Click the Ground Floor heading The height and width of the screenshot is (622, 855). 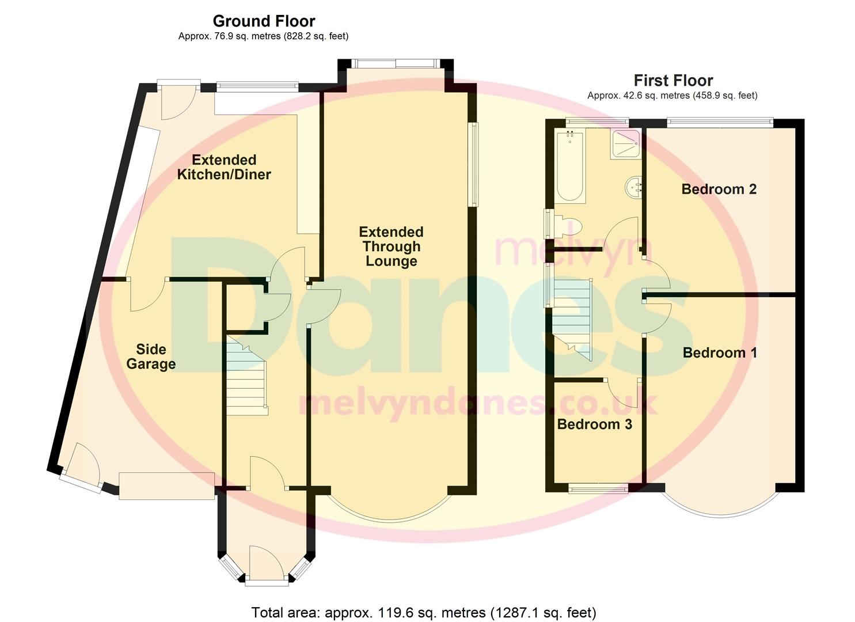pyautogui.click(x=264, y=21)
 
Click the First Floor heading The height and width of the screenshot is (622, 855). pyautogui.click(x=673, y=81)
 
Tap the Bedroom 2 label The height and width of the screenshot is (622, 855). pyautogui.click(x=719, y=189)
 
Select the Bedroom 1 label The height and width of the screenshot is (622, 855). pyautogui.click(x=719, y=352)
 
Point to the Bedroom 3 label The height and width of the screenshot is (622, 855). pyautogui.click(x=594, y=424)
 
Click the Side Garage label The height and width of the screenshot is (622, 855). pyautogui.click(x=151, y=356)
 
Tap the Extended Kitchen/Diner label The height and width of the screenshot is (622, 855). pyautogui.click(x=224, y=167)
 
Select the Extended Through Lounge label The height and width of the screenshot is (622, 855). pyautogui.click(x=391, y=246)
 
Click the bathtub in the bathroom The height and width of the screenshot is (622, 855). pyautogui.click(x=570, y=166)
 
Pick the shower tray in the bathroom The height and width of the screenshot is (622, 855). pyautogui.click(x=625, y=143)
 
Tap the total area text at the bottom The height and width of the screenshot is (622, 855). pyautogui.click(x=423, y=612)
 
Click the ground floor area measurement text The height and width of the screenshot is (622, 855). pyautogui.click(x=263, y=36)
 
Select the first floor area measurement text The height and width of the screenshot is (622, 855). pyautogui.click(x=672, y=96)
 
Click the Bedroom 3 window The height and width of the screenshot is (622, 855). pyautogui.click(x=598, y=489)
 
